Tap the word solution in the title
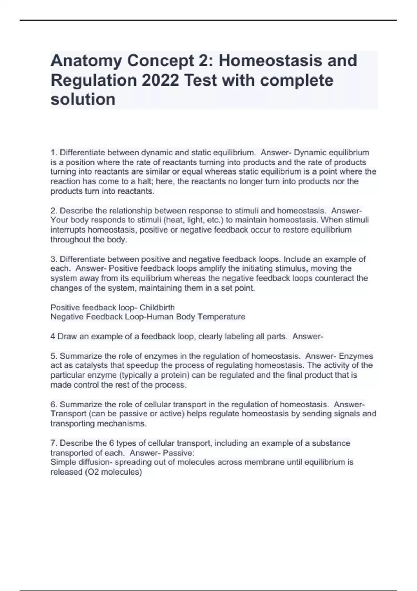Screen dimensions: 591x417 coord(83,99)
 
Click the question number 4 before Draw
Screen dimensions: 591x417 coord(53,337)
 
